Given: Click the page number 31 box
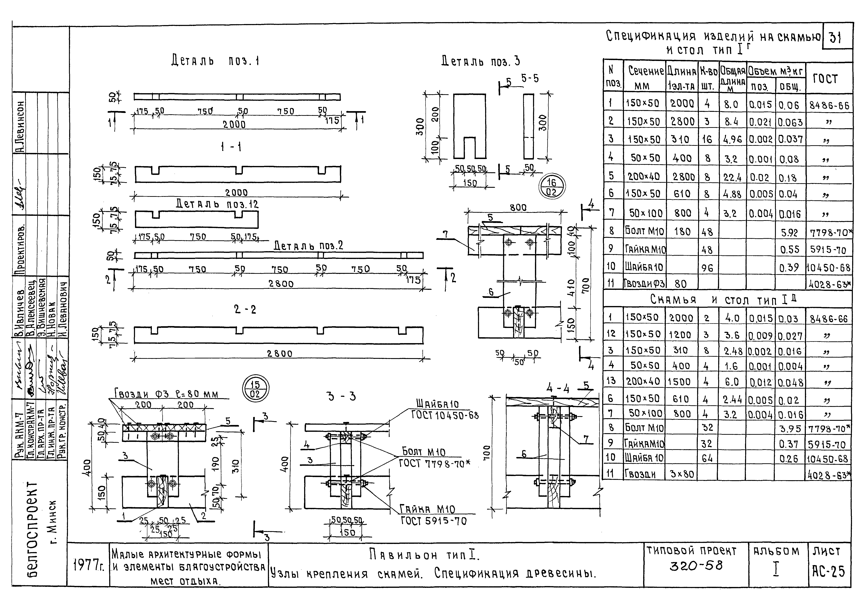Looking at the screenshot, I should pyautogui.click(x=837, y=38).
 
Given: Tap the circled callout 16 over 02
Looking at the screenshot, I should pyautogui.click(x=552, y=187).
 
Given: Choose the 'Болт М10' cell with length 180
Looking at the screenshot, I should pyautogui.click(x=644, y=231).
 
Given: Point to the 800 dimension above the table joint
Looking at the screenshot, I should pyautogui.click(x=518, y=207).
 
